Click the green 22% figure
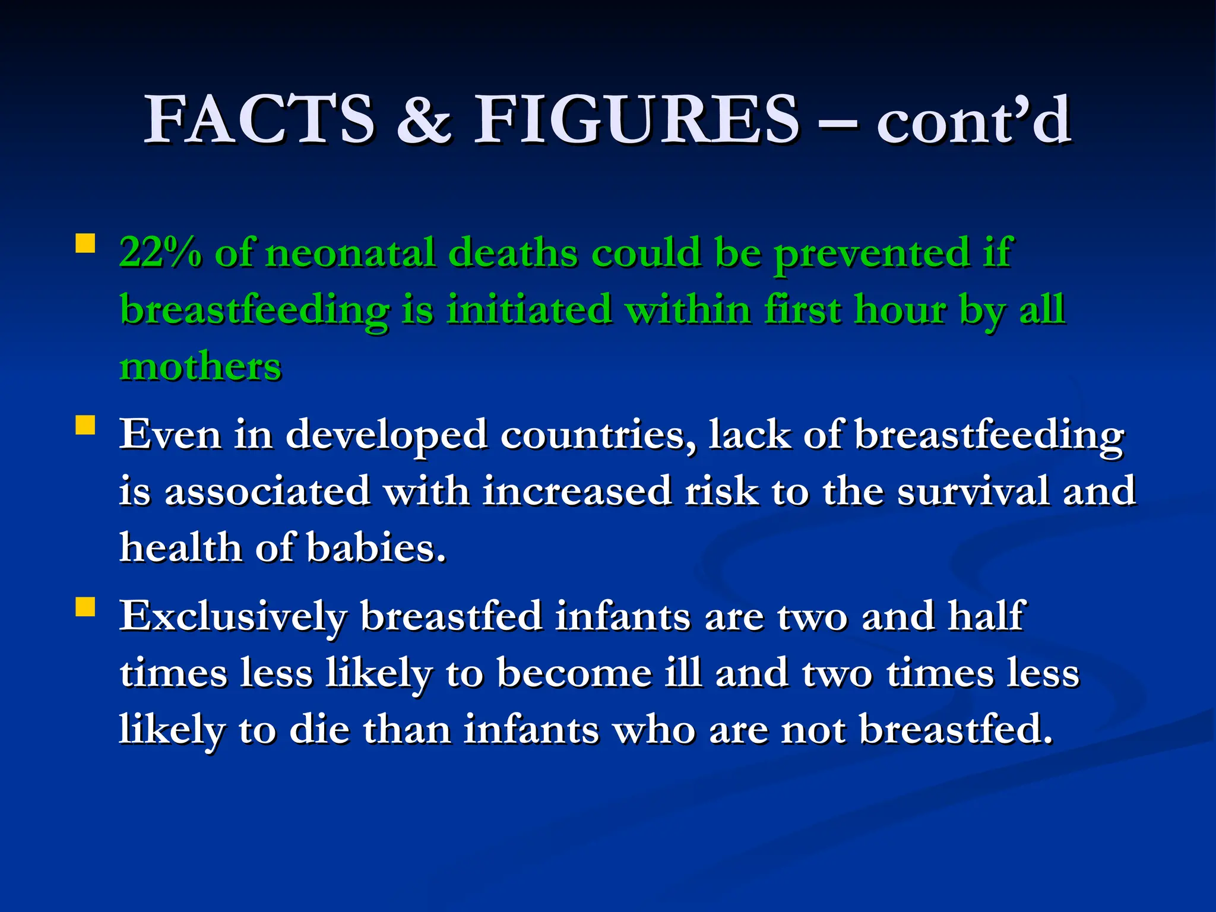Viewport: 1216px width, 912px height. [160, 252]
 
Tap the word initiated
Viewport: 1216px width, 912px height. [529, 309]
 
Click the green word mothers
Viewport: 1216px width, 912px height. [200, 366]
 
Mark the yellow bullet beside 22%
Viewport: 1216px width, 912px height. [85, 244]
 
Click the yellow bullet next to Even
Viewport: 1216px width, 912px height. [85, 425]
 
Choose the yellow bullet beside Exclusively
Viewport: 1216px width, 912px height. [85, 607]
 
